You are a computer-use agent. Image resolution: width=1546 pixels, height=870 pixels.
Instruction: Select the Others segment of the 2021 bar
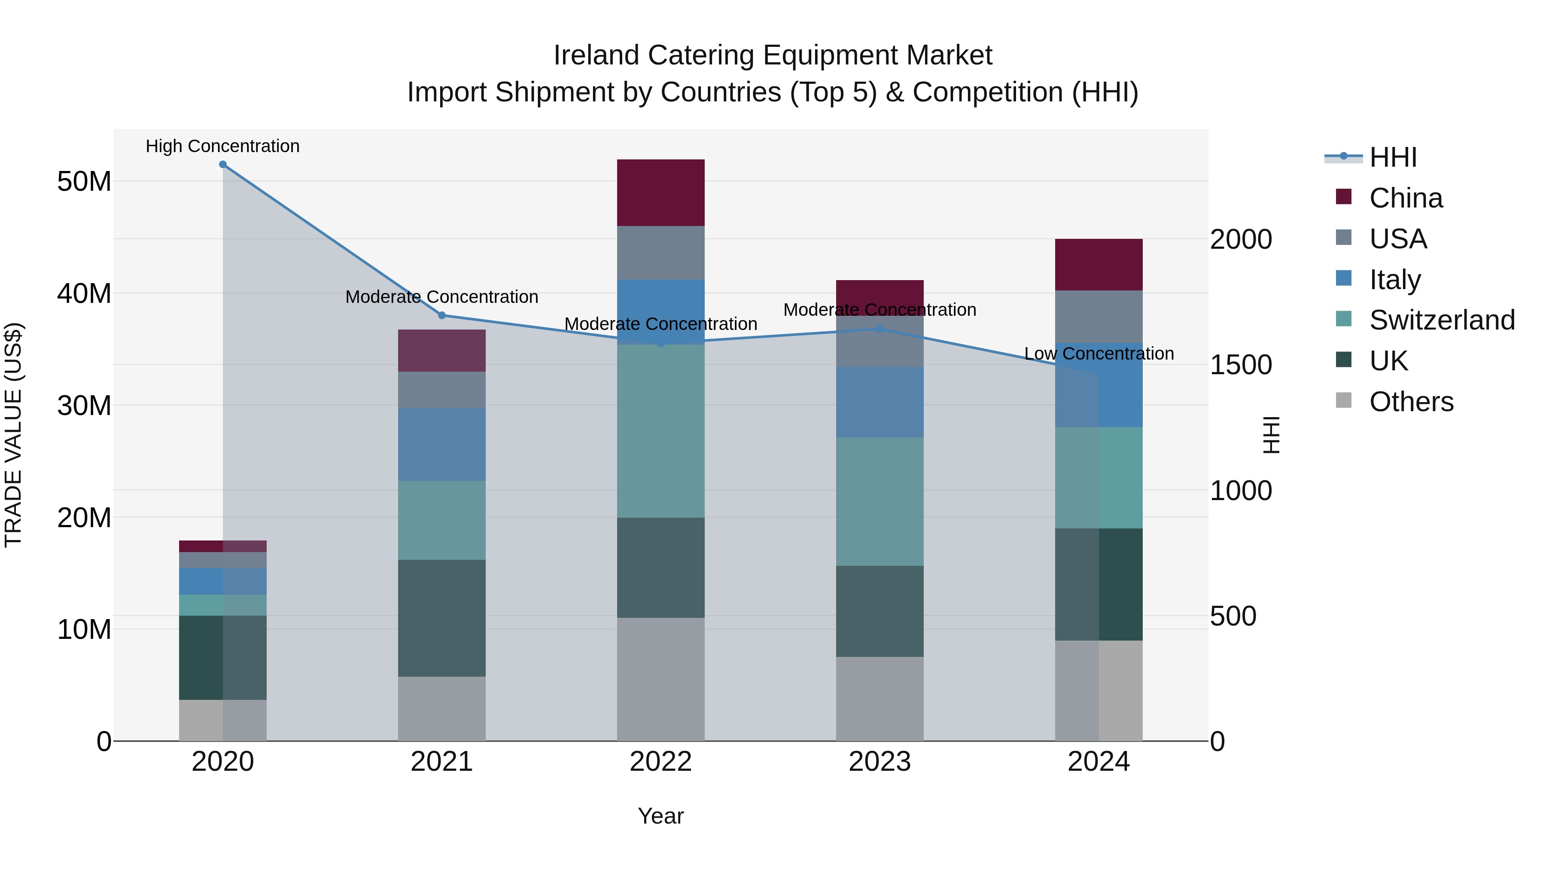tap(442, 708)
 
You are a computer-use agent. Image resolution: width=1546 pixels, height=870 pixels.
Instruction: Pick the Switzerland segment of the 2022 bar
tap(661, 430)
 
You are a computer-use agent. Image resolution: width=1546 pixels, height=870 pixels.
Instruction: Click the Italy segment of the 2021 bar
tap(442, 444)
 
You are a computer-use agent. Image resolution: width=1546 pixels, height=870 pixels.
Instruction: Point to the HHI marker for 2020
tap(222, 165)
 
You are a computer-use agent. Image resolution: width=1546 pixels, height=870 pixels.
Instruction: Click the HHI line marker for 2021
tap(442, 315)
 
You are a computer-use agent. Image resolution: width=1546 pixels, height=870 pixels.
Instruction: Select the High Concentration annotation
tap(222, 146)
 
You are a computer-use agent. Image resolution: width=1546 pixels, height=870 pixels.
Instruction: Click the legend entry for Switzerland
tap(1442, 320)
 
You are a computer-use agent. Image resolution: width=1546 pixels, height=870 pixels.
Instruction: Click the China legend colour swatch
tap(1344, 197)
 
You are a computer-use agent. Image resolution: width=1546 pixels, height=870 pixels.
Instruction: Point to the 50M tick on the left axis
tap(84, 181)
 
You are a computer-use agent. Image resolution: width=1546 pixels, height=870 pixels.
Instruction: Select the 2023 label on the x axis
tap(880, 762)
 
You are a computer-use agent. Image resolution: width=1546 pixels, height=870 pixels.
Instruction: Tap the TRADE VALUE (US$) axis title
tap(13, 435)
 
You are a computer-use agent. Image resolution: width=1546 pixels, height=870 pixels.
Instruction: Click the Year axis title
tap(661, 816)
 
